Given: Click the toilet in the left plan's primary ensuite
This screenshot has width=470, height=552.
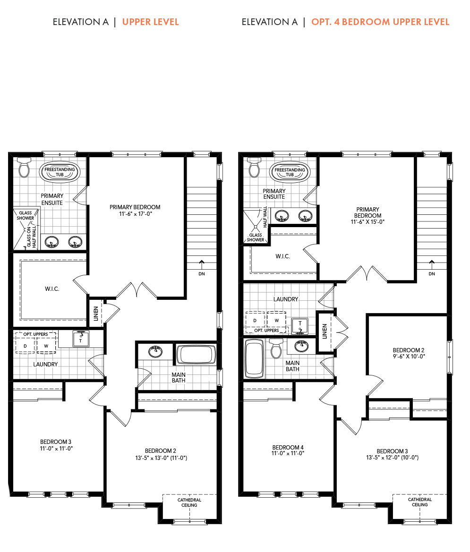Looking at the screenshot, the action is coord(24,168).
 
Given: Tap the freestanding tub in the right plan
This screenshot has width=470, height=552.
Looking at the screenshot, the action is coord(290,172).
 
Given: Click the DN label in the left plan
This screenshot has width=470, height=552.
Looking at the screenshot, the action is coord(201,273).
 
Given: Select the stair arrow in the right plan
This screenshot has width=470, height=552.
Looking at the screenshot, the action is coord(432,264).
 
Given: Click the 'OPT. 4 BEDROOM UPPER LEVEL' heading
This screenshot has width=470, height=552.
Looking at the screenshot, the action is coord(380,22).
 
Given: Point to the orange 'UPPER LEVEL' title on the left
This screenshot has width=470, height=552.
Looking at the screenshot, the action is coord(150,22).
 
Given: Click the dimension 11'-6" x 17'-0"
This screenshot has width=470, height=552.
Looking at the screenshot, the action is coord(135,214).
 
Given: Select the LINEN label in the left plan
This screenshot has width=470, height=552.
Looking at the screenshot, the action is coord(96,314).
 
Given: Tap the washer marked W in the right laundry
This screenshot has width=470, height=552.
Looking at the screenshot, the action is coord(276,320).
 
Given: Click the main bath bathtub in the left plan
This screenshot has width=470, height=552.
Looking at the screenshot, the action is coord(196,355).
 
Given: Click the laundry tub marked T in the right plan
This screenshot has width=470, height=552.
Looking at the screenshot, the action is coord(300,326).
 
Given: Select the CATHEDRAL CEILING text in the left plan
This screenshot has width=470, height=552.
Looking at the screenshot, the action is coord(189,502).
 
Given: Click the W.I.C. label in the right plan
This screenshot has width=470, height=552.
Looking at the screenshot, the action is coord(282,256).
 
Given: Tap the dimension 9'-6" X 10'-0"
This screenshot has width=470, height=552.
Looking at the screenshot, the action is coord(409,356).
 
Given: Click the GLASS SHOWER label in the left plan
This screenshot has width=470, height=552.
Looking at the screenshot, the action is coord(26,215).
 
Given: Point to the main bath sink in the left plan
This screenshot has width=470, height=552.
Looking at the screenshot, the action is coord(155,351).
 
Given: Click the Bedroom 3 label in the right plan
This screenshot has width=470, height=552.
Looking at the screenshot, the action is coord(392,451).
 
